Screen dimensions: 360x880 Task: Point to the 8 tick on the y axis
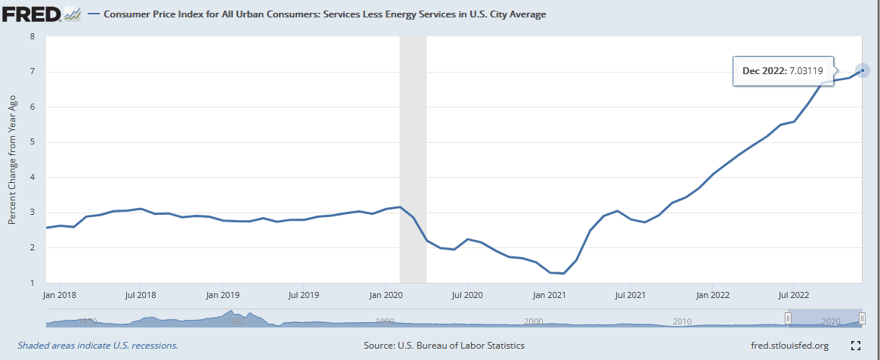pyautogui.click(x=32, y=36)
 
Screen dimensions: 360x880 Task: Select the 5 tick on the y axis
pyautogui.click(x=32, y=142)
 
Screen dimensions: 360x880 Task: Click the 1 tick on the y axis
pyautogui.click(x=32, y=283)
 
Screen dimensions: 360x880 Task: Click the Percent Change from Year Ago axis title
pyautogui.click(x=12, y=160)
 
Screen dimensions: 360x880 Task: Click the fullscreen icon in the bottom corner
pyautogui.click(x=856, y=346)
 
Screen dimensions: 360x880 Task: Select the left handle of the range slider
pyautogui.click(x=788, y=320)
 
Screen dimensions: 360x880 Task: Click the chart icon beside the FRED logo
pyautogui.click(x=73, y=14)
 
